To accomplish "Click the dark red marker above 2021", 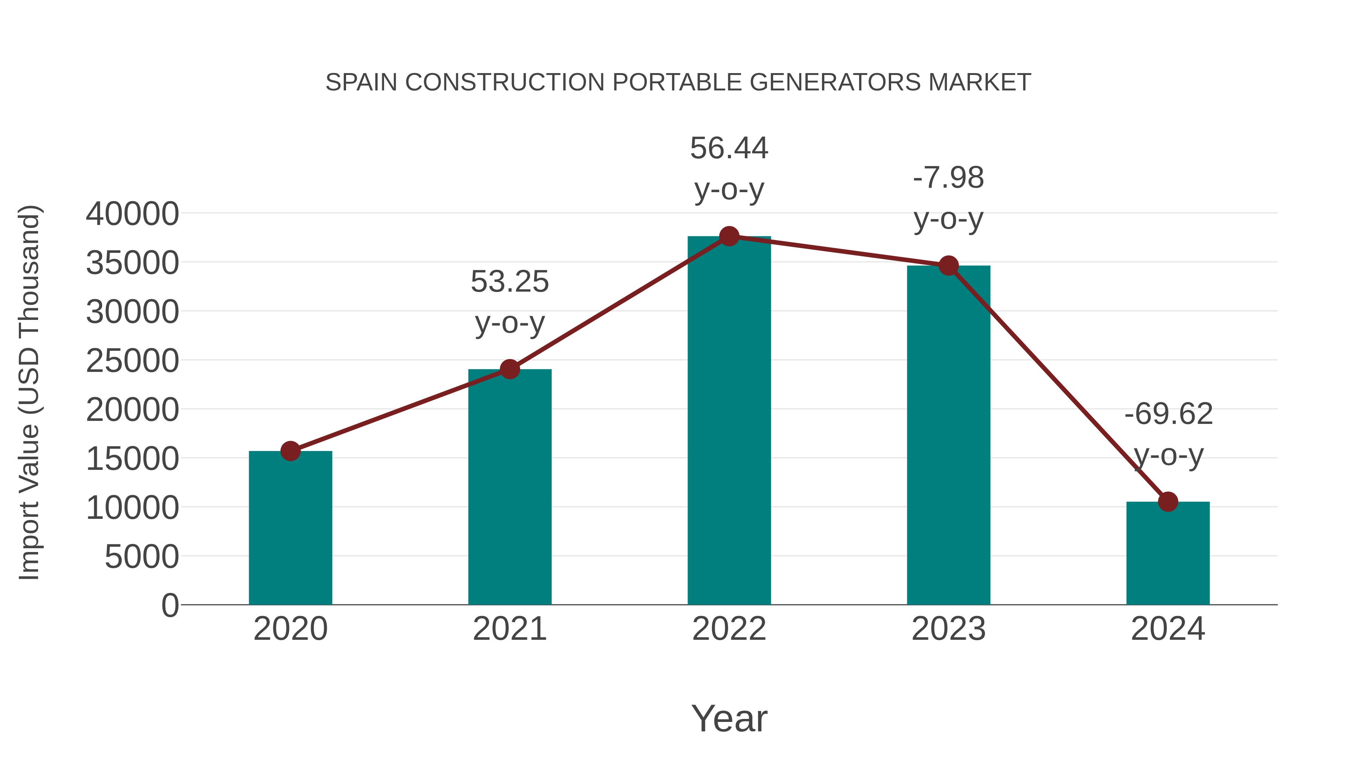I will pos(510,369).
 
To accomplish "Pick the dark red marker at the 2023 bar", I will pos(948,266).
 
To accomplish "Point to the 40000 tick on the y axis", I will pos(132,214).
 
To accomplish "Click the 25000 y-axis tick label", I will pos(132,361).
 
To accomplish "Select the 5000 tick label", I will pos(142,557).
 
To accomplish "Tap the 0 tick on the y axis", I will pos(170,606).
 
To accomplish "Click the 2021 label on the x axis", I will pos(510,629).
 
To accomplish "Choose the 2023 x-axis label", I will pos(948,629).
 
